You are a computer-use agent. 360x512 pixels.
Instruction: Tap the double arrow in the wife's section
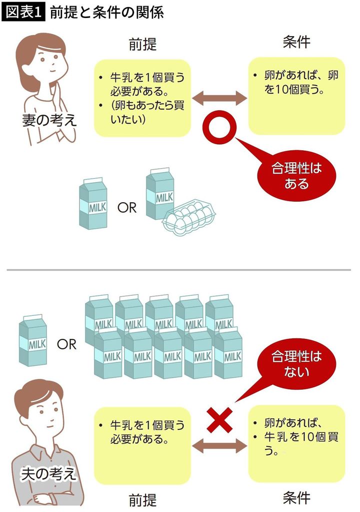point(220,98)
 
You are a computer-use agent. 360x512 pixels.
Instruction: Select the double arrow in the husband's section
point(220,447)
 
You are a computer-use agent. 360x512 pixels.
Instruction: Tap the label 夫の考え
point(48,473)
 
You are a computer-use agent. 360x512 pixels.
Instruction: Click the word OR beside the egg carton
point(126,207)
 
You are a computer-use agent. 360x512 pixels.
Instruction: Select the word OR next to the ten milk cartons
point(66,344)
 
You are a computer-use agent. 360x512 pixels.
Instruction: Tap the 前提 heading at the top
point(142,44)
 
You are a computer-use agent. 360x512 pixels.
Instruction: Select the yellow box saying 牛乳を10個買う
point(296,443)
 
